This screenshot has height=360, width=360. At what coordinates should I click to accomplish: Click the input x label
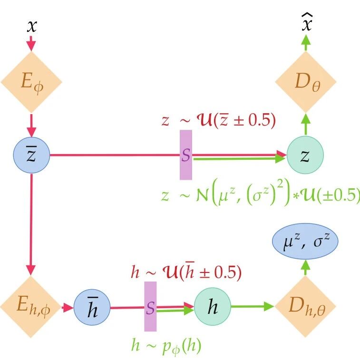coord(31,27)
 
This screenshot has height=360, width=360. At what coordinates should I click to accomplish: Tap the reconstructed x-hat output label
coord(307,24)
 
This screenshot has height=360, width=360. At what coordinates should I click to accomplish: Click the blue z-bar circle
coord(31,155)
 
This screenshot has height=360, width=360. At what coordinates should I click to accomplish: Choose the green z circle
coord(305,155)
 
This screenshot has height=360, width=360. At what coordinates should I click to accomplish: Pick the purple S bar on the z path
coord(186,155)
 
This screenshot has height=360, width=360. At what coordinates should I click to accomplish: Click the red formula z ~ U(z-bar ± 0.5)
coord(218,121)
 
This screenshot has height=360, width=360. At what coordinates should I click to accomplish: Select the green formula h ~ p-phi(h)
coord(166,345)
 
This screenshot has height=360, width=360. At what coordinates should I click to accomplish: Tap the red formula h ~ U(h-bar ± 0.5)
coord(186,272)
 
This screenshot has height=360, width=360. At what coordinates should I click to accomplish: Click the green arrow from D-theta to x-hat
coord(306,45)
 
